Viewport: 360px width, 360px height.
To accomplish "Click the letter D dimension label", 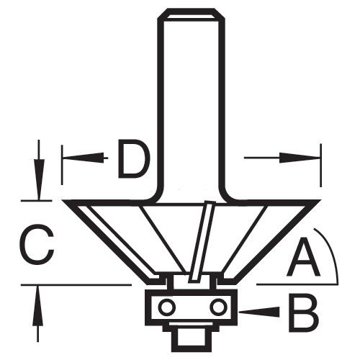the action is [x=133, y=159].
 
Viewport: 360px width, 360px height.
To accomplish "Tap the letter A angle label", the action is [x=303, y=256].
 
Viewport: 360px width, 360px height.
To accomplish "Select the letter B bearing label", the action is [x=304, y=312].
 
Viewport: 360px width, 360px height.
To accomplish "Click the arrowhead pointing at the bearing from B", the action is [x=260, y=312].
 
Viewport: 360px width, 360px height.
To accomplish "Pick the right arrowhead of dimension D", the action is [x=300, y=158].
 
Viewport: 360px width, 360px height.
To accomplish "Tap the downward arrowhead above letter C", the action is [x=38, y=179].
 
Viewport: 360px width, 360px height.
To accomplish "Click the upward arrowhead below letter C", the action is [x=37, y=305].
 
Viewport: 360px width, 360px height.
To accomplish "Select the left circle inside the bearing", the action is [x=166, y=307].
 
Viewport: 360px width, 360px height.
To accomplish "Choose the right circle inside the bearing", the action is [x=218, y=307].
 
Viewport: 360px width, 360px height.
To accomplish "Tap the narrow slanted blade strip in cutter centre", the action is [x=200, y=241].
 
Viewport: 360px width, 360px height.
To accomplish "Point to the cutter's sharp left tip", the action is [x=63, y=201].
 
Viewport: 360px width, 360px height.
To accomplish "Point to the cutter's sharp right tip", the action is [x=320, y=201].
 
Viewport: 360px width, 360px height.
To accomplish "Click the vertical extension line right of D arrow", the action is [x=320, y=165].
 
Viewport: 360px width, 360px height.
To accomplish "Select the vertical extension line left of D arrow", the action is [x=62, y=165].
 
